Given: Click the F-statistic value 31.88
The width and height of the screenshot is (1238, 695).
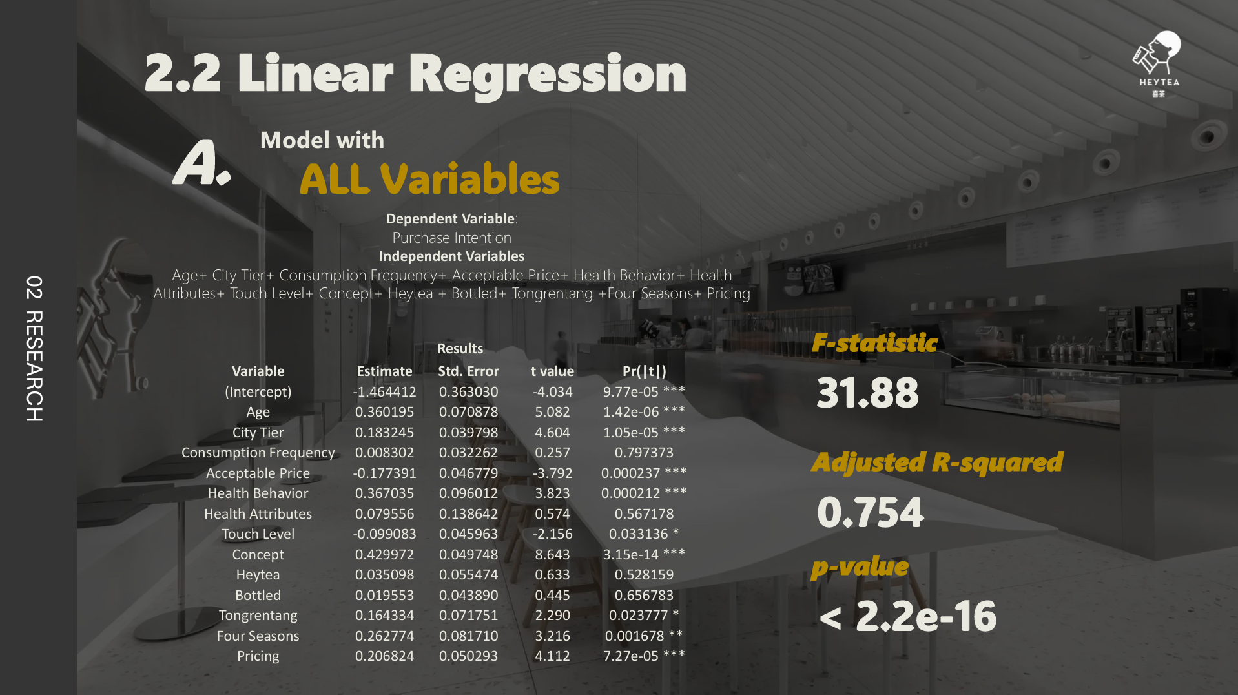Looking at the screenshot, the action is [x=867, y=393].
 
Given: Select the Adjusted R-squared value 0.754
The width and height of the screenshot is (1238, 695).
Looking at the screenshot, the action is [x=871, y=512].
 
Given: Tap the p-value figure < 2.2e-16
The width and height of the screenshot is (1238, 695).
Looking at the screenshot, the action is [x=908, y=616].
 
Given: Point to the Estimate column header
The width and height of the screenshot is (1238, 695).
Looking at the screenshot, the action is [x=384, y=371].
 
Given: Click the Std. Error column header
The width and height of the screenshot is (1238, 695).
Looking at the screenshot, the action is [x=468, y=371].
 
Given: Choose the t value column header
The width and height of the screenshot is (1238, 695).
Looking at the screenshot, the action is [x=552, y=371].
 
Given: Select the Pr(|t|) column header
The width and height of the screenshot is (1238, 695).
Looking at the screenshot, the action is [x=644, y=371].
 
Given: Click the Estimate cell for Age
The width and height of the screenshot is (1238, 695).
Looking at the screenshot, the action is [x=384, y=412].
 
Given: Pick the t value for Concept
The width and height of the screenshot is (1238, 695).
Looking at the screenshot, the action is [x=552, y=555].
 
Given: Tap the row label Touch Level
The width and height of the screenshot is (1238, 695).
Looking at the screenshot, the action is [x=258, y=534].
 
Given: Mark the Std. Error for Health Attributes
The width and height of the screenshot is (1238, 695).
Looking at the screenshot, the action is [x=468, y=514].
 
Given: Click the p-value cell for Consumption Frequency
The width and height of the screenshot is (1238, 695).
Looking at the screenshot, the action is [x=644, y=453].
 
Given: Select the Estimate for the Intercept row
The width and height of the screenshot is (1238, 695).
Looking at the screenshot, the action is [x=384, y=392].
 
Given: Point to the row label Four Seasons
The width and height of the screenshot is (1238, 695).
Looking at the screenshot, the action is [x=258, y=636].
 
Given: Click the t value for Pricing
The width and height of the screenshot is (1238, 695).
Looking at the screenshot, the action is [x=552, y=656].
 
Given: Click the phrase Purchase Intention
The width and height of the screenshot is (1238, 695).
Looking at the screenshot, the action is [x=451, y=238].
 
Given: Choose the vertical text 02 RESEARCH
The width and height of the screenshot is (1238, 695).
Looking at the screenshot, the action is [x=34, y=349].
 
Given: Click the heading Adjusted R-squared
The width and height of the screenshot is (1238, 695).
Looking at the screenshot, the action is [x=937, y=462].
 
